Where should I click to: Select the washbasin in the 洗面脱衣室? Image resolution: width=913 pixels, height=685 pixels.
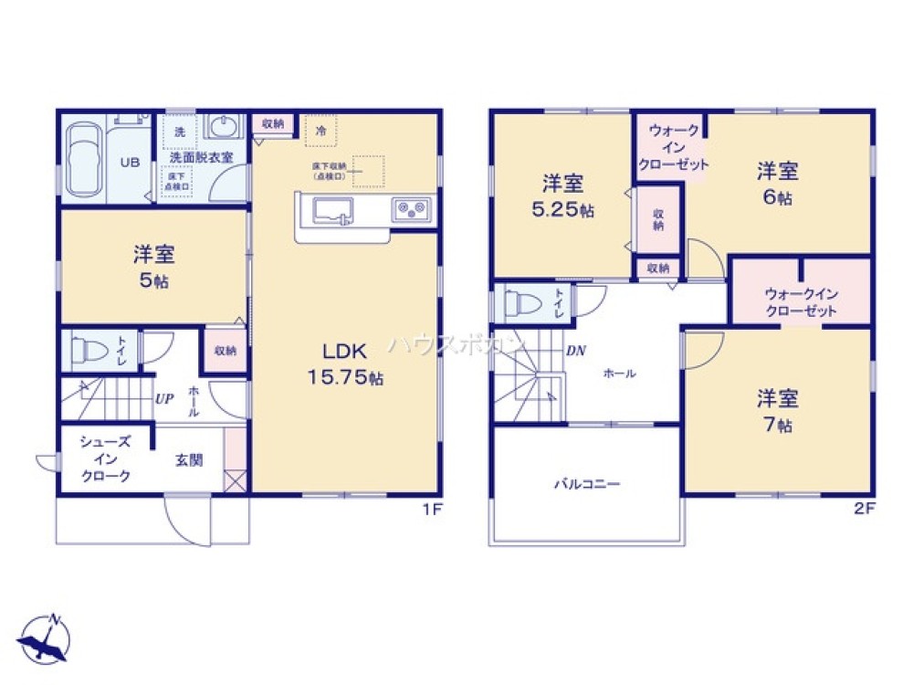pyautogui.click(x=221, y=126)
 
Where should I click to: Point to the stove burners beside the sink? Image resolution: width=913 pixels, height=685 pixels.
pyautogui.click(x=411, y=210)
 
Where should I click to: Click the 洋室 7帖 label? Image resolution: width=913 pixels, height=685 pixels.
pyautogui.click(x=777, y=410)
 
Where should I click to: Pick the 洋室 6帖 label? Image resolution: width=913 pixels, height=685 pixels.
pyautogui.click(x=777, y=183)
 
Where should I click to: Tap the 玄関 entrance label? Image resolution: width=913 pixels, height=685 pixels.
pyautogui.click(x=190, y=459)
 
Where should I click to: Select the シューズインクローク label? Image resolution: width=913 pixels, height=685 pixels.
pyautogui.click(x=105, y=458)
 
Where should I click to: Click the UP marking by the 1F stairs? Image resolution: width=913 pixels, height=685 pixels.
pyautogui.click(x=164, y=399)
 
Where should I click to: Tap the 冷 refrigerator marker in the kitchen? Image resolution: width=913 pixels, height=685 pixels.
pyautogui.click(x=320, y=131)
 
